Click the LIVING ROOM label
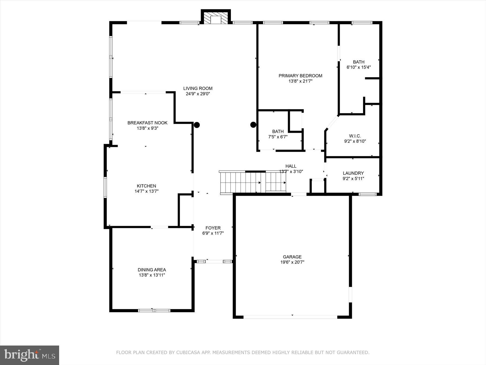coord(198,88)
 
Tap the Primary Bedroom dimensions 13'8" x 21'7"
coord(300,81)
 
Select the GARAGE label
coord(292,257)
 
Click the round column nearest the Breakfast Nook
coord(197,125)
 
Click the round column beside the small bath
coord(253,125)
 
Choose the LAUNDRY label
coord(353,173)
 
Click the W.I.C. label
coord(355,136)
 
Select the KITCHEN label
coord(146,186)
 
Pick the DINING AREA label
coord(152,270)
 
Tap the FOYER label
coord(213,228)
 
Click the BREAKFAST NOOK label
coord(147,123)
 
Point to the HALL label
coord(291,166)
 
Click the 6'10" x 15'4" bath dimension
coord(359,67)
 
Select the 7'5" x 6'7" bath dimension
coord(278,137)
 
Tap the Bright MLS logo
coord(29,355)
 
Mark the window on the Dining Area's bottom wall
coord(154,310)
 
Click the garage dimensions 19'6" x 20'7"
coord(292,262)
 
